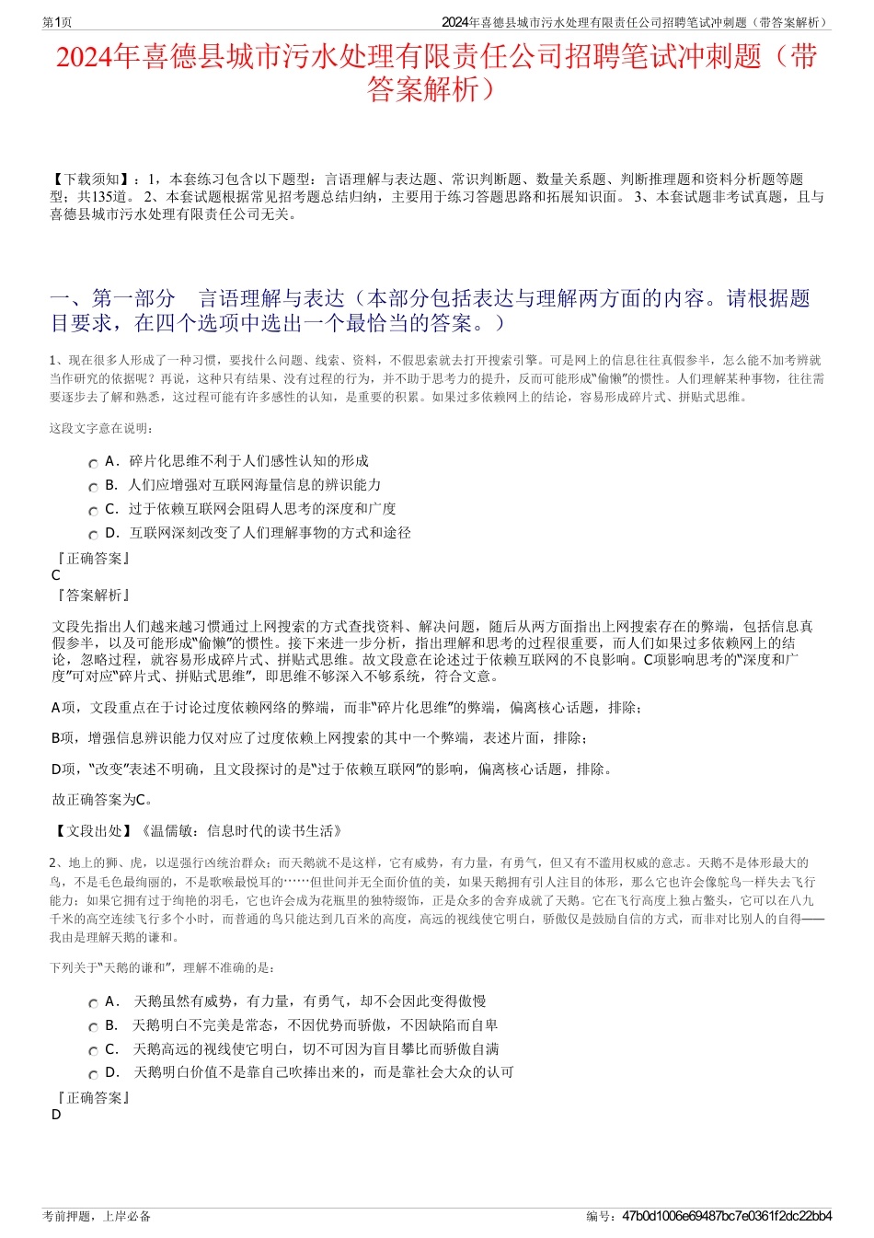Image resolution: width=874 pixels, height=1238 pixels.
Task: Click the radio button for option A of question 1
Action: tap(93, 464)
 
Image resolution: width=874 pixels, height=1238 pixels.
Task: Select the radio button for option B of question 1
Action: tap(93, 488)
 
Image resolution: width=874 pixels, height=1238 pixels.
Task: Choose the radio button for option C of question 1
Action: tap(93, 512)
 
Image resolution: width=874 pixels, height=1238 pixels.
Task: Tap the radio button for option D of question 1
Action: tap(93, 536)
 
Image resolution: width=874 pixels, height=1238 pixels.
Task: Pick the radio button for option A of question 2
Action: tap(93, 1004)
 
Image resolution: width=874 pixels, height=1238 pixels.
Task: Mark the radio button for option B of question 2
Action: tap(93, 1028)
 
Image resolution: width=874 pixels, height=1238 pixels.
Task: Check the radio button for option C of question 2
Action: tap(93, 1052)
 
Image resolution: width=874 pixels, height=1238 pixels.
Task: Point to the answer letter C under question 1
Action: tap(56, 575)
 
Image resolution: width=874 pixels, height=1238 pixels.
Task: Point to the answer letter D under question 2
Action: tap(56, 1115)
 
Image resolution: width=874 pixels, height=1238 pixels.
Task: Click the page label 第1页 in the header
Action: tap(57, 22)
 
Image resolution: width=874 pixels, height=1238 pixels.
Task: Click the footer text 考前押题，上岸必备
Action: tap(97, 1216)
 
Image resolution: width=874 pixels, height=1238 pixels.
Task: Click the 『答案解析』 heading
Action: tap(92, 596)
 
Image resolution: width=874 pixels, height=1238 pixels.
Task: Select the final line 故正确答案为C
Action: tap(103, 800)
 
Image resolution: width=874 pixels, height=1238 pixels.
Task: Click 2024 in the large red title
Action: tap(84, 57)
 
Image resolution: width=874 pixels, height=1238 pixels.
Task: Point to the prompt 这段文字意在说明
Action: tap(101, 428)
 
